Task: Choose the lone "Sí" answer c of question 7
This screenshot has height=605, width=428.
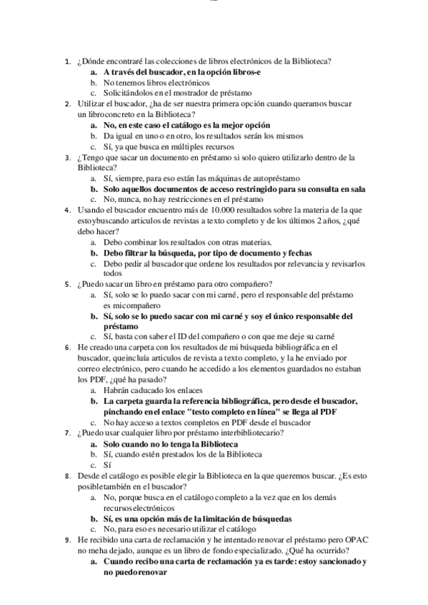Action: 107,464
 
